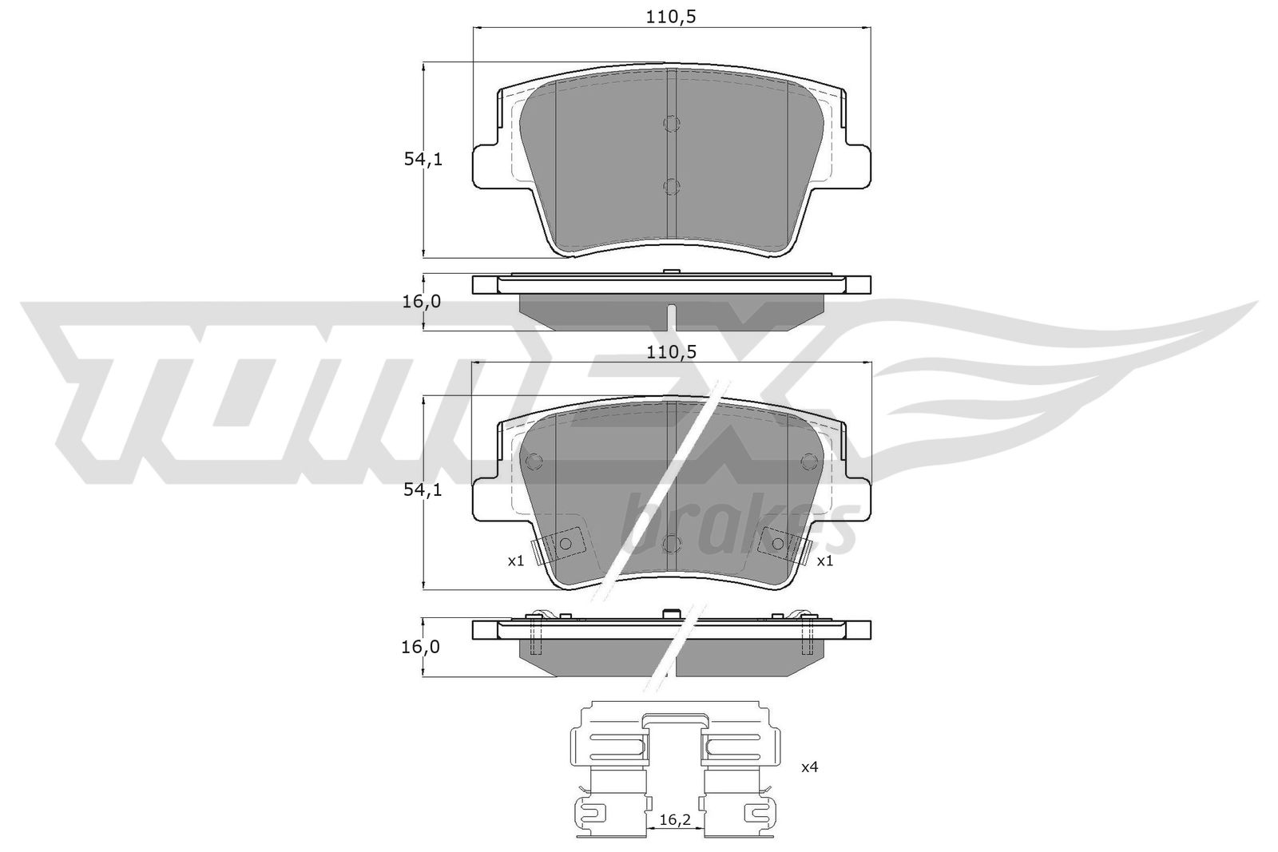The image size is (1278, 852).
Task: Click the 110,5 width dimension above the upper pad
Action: [x=671, y=18]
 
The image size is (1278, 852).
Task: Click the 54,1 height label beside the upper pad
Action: [x=423, y=160]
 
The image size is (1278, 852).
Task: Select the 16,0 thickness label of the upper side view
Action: [x=422, y=302]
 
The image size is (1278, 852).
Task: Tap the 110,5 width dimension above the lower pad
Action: [x=672, y=353]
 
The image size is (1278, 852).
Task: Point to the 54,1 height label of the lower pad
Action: [x=423, y=489]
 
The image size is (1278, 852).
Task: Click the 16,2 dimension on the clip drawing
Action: [x=675, y=820]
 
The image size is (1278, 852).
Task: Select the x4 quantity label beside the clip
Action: [x=810, y=767]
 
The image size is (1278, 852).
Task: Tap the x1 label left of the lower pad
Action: [x=516, y=561]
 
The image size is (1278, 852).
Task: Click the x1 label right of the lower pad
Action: [x=825, y=561]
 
